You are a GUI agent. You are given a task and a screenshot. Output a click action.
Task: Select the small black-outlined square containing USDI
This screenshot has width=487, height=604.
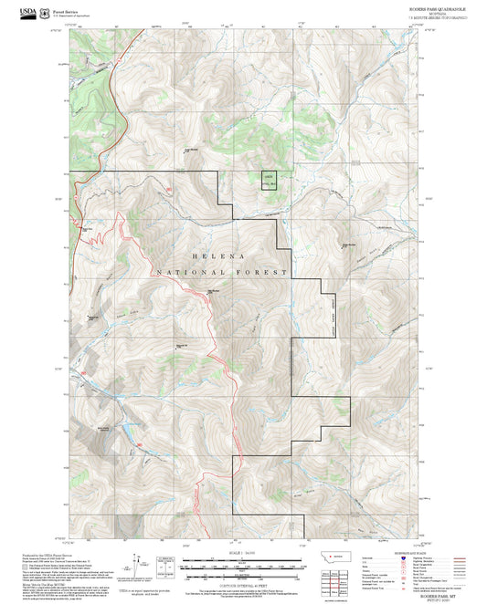point(269,181)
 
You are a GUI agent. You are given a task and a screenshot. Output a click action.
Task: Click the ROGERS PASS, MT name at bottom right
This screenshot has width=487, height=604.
point(435,591)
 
